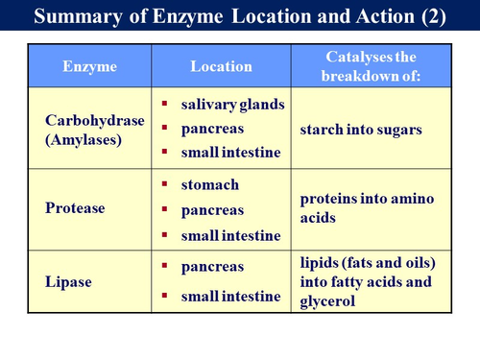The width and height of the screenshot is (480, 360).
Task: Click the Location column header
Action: [221, 66]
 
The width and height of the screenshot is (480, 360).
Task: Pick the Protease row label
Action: [75, 208]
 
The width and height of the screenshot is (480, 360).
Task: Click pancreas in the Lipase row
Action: [213, 266]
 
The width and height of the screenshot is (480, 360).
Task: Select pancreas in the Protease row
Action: [213, 209]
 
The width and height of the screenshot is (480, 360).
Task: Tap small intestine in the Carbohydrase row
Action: [230, 152]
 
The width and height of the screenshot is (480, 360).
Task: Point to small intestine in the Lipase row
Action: [230, 297]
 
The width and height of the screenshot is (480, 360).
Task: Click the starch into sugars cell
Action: [360, 128]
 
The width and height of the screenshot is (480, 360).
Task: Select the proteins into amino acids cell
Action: [367, 207]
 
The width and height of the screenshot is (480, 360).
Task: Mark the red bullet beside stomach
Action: [165, 184]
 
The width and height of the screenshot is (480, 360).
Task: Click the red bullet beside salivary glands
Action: [165, 103]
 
